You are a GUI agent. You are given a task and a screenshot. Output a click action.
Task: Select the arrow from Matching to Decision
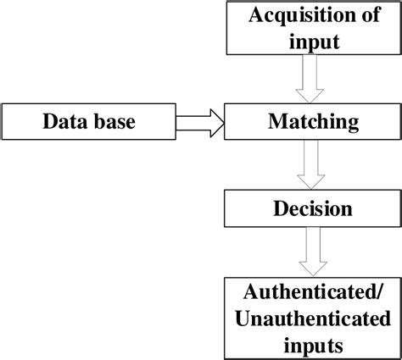pos(311,164)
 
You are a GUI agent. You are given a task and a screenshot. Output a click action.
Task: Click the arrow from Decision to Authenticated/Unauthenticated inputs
pos(311,251)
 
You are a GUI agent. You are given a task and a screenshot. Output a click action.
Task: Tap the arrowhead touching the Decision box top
pos(311,183)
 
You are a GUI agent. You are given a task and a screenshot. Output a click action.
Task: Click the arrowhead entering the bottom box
pos(311,269)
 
